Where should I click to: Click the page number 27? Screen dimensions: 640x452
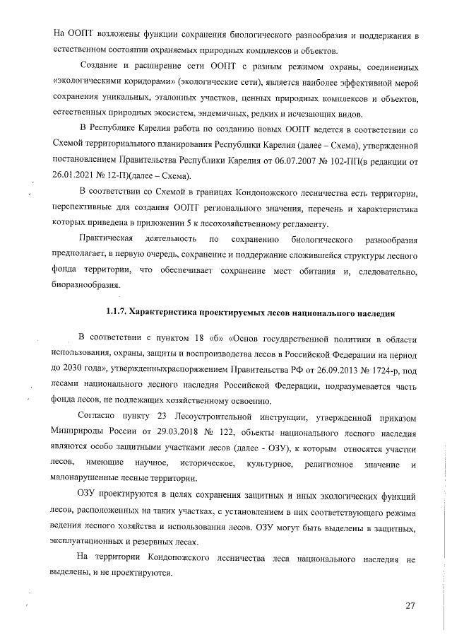[410, 605]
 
